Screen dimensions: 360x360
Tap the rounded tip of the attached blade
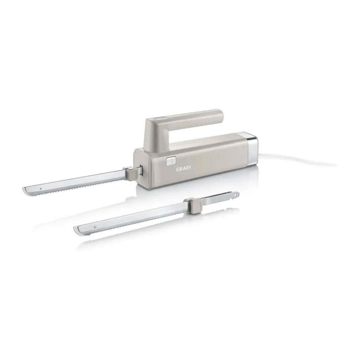tap(25, 191)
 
